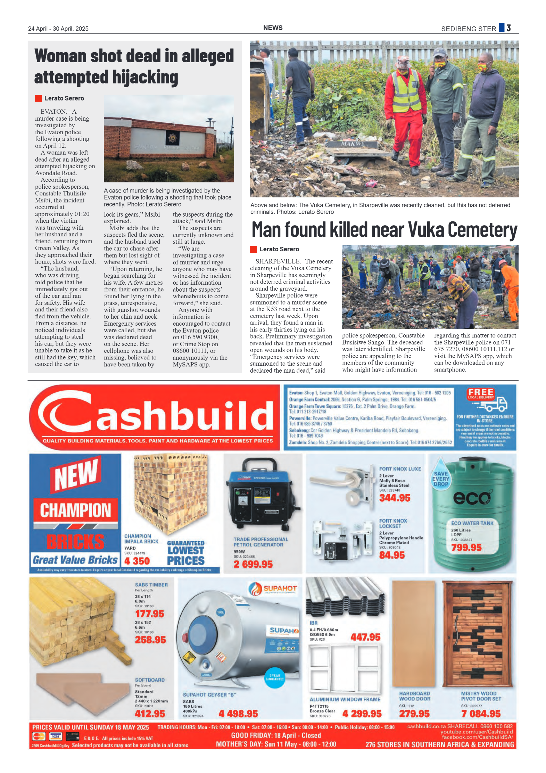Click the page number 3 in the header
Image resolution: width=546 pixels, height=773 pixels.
pyautogui.click(x=508, y=28)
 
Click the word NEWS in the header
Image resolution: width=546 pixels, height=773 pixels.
pyautogui.click(x=273, y=28)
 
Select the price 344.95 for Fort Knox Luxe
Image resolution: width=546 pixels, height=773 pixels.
pyautogui.click(x=395, y=498)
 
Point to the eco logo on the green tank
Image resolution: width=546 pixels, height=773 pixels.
pyautogui.click(x=472, y=498)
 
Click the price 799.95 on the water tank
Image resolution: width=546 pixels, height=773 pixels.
pyautogui.click(x=466, y=547)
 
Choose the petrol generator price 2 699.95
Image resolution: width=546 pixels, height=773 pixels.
pyautogui.click(x=253, y=564)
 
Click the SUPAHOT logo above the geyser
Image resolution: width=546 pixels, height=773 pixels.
pyautogui.click(x=273, y=588)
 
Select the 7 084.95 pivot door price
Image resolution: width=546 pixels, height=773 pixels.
pyautogui.click(x=481, y=714)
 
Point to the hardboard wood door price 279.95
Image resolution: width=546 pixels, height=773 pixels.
pyautogui.click(x=414, y=714)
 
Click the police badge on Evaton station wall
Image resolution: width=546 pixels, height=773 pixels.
pyautogui.click(x=172, y=138)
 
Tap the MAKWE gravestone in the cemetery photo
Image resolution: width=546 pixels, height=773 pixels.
pyautogui.click(x=352, y=144)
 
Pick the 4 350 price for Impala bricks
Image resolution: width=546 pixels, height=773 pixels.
pyautogui.click(x=137, y=561)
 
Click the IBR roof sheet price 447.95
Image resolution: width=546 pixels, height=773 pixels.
pyautogui.click(x=365, y=637)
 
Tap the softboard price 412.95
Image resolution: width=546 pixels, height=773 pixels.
pyautogui.click(x=150, y=714)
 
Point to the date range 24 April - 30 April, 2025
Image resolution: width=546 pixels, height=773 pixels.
pyautogui.click(x=58, y=29)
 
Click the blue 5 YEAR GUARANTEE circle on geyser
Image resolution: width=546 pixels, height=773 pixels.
pyautogui.click(x=274, y=677)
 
